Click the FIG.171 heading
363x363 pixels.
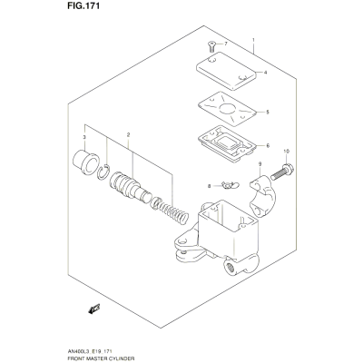click(83, 6)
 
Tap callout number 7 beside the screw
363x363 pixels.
click(225, 44)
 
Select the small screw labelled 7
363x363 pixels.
click(211, 47)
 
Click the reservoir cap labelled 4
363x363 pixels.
click(226, 71)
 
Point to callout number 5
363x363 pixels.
click(268, 113)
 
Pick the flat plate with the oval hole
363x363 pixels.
click(227, 109)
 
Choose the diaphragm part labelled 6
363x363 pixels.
click(227, 144)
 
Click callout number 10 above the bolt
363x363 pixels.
click(287, 151)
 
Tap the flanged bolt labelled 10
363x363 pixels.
click(282, 172)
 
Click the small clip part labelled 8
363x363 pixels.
click(230, 184)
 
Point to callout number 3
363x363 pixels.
click(84, 137)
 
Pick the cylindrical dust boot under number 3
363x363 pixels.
click(85, 162)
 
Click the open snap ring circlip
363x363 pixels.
click(104, 172)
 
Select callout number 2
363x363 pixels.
click(128, 134)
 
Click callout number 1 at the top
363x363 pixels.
click(253, 40)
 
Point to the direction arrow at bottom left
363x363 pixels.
click(94, 309)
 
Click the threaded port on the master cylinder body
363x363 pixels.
click(230, 267)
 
